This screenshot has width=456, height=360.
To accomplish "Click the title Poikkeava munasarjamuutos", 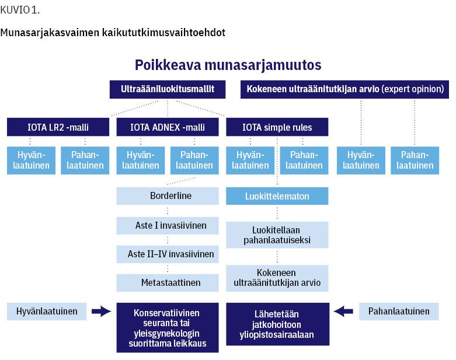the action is coord(228,65).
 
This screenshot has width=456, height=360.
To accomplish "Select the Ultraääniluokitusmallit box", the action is coord(168,89).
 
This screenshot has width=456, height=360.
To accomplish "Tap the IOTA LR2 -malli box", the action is coord(58,127).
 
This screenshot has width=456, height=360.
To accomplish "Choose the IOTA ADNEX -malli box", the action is coord(168,127).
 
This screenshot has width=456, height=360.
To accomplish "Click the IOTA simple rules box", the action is coord(277,127).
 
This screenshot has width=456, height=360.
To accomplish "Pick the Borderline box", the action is coord(168,196).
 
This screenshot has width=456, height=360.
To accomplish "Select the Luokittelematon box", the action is coord(277,196).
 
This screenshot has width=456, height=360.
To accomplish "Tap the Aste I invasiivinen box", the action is coord(168,225).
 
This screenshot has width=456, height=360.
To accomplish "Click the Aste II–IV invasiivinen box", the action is coord(168,254).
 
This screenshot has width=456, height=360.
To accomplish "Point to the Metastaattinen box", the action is coord(168,283).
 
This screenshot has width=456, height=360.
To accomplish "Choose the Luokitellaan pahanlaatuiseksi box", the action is coord(277,235).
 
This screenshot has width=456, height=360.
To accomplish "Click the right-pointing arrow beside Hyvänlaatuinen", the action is coord(101,312).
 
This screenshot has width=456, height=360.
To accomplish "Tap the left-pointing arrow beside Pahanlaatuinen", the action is coord(343,312).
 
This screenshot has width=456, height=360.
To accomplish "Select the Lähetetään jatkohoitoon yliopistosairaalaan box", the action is coord(278,324).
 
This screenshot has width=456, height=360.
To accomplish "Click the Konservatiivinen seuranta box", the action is coord(168,328).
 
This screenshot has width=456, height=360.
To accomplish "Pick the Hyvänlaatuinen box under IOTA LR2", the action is coord(31,160).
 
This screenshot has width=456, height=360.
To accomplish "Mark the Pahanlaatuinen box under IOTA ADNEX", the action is coord(194,160).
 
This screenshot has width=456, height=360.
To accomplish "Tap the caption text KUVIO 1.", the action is coord(20,10).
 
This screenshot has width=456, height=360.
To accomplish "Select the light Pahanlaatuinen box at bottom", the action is coord(399,312).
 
